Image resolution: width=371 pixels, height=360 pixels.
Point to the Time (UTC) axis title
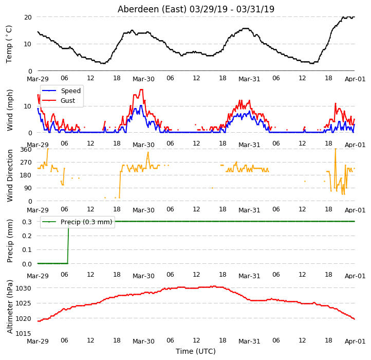click(196, 351)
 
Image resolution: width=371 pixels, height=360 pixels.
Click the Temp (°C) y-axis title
click(9, 44)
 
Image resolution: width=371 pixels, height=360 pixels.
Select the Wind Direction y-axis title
click(10, 175)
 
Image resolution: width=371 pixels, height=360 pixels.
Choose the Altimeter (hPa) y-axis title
click(10, 307)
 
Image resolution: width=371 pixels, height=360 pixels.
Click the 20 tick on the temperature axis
click(28, 17)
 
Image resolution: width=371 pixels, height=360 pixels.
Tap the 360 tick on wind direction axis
click(26, 150)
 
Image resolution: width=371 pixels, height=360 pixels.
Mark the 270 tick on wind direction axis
click(26, 163)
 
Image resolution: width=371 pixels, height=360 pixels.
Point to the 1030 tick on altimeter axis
click(24, 288)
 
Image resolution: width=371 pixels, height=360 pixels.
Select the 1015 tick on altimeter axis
click(24, 333)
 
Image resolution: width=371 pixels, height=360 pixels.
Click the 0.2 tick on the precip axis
click(27, 236)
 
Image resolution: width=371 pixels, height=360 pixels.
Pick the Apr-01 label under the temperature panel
click(355, 79)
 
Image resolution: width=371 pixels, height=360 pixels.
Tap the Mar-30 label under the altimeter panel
click(143, 341)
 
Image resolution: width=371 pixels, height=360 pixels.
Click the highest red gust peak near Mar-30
click(141, 89)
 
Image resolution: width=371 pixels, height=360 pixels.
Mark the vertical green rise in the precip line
click(68, 242)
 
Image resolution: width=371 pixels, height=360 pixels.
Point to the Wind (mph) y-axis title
click(10, 110)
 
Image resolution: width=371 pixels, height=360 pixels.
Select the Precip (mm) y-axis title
click(10, 241)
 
